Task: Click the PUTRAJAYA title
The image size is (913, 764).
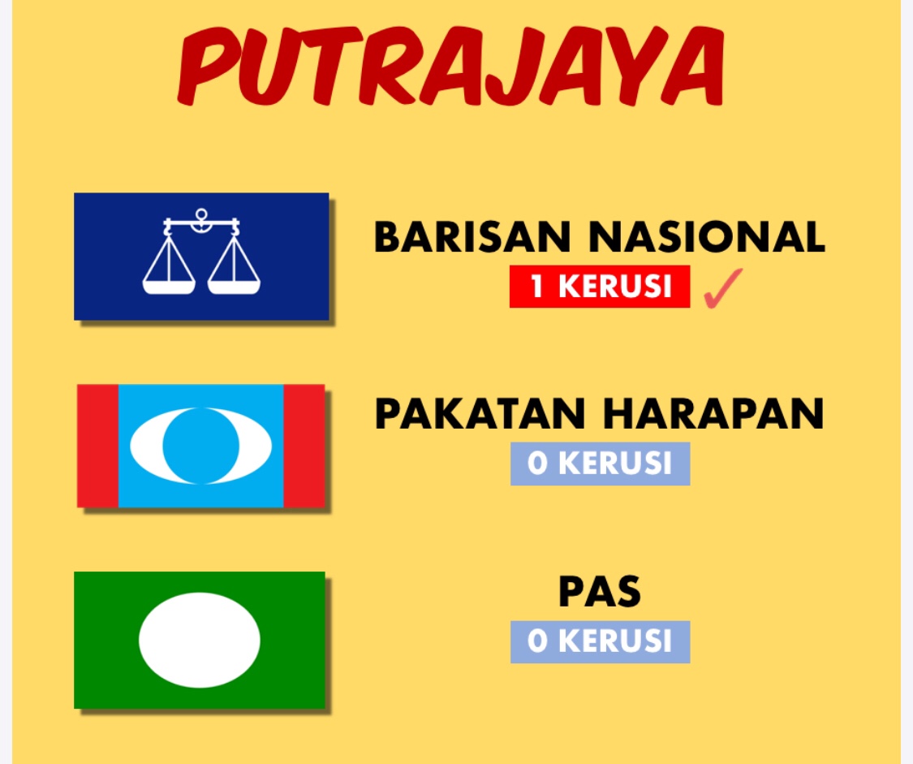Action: click(x=451, y=66)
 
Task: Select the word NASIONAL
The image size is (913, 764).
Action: click(x=707, y=237)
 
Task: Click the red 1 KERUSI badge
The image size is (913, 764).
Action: click(x=600, y=287)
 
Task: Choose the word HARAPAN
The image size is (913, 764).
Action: click(x=713, y=414)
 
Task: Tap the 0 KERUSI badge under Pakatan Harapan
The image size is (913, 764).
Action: click(x=601, y=464)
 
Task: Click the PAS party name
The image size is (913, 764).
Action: click(x=600, y=592)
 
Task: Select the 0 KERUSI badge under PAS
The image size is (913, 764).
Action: click(x=601, y=641)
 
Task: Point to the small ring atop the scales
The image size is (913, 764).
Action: click(x=201, y=214)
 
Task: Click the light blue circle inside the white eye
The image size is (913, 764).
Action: click(x=201, y=446)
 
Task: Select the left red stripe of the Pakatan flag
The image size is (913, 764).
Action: click(x=98, y=446)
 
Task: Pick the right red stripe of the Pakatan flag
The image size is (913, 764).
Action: click(x=304, y=446)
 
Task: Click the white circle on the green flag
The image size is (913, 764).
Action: click(x=200, y=640)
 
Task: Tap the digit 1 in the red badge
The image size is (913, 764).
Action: click(x=537, y=287)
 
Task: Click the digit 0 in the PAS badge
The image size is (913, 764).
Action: click(x=537, y=641)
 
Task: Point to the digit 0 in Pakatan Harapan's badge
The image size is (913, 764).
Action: click(x=537, y=464)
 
